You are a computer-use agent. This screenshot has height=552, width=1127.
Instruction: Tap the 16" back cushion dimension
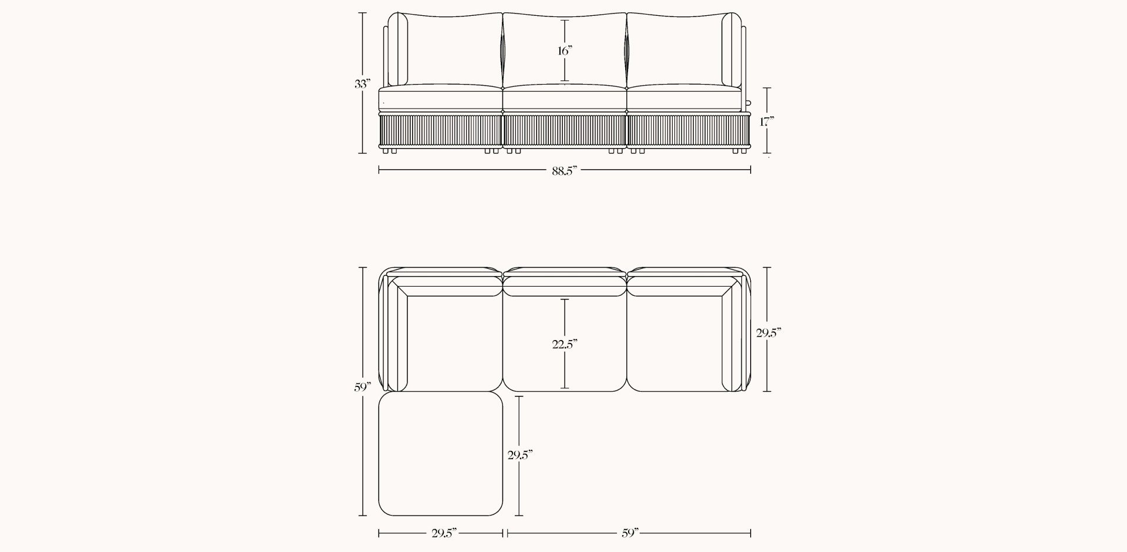pyautogui.click(x=565, y=51)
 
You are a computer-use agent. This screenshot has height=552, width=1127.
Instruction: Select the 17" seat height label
pyautogui.click(x=767, y=122)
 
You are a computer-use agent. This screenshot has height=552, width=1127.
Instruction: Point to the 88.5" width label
pyautogui.click(x=565, y=170)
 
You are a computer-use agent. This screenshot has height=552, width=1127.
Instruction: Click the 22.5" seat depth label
pyautogui.click(x=565, y=345)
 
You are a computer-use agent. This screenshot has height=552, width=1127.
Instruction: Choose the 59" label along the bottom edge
pyautogui.click(x=629, y=533)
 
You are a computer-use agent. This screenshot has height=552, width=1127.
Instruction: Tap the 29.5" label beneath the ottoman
pyautogui.click(x=444, y=533)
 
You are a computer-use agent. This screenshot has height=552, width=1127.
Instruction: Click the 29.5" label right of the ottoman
pyautogui.click(x=520, y=455)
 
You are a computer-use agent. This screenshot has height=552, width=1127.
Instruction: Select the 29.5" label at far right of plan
pyautogui.click(x=768, y=333)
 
